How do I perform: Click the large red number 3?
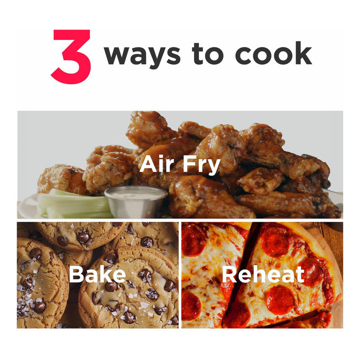pos(71,56)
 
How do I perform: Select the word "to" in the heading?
pos(208,53)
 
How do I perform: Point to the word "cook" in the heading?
pos(273,53)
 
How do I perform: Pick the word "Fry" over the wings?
pos(201,165)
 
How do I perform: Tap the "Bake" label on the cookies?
pos(97,274)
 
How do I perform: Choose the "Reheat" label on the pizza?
pos(263,274)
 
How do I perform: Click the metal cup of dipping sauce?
pos(136,201)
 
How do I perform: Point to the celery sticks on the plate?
pos(73,204)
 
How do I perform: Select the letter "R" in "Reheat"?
pos(229,274)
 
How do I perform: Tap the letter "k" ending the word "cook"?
pos(303,53)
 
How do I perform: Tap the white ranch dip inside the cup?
pos(136,195)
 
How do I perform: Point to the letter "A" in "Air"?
pos(148,164)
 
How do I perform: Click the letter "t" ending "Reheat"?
pos(299,275)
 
